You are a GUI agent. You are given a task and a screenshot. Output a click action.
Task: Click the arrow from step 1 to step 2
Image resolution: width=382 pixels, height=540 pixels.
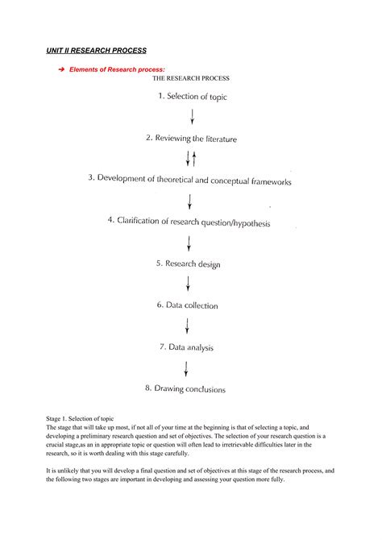pos(192,117)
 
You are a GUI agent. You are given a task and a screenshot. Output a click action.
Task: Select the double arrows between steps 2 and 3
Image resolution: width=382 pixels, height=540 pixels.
pos(191,159)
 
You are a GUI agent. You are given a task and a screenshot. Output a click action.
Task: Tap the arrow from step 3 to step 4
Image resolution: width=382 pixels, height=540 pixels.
pos(190,201)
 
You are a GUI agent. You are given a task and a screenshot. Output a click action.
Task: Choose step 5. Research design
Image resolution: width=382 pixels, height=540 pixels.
pos(188,263)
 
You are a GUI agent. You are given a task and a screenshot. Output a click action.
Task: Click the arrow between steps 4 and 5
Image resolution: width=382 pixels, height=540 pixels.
pos(189,243)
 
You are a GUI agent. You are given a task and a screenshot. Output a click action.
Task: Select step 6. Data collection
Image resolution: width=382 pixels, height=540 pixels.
pos(187,305)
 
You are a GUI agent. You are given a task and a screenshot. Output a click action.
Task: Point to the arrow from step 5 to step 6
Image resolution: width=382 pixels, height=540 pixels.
pos(188,284)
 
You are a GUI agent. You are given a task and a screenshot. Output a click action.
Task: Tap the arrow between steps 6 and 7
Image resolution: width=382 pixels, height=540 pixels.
pos(187,326)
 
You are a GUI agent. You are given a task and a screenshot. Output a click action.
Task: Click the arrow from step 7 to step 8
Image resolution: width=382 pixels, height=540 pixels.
pos(186,368)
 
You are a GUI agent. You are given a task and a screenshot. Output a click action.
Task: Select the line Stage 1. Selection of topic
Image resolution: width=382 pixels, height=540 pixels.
pos(80,419)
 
